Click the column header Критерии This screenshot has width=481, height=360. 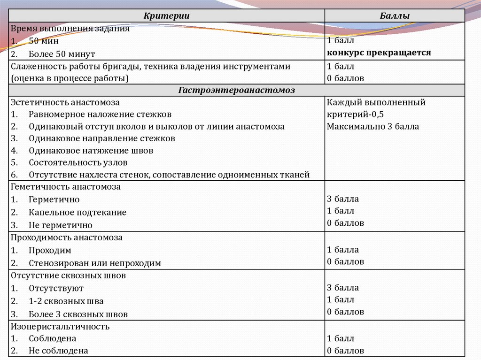pos(166,16)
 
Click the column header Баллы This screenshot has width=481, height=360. pos(394,16)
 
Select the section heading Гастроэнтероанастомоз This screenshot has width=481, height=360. pos(237,90)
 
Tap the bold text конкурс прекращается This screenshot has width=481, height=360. pos(379,53)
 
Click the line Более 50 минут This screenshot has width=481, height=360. pos(62,54)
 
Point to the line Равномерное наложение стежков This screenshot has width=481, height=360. pos(100,114)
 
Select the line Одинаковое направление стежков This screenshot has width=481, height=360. pos(101,138)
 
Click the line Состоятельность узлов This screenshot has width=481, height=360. pos(78,163)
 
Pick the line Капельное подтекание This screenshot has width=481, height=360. pos(78,212)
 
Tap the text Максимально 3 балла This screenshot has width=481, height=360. pos(373,126)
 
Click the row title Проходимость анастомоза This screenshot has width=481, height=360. pos(66,237)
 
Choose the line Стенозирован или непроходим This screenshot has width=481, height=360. pos(94,263)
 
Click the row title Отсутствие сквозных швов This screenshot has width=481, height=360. pos(68,276)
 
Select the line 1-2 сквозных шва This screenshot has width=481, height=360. pos(66,301)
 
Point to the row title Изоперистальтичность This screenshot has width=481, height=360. pos(60,326)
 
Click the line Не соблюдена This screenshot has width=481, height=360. pos(58,351)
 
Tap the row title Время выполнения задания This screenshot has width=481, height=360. pos(70,28)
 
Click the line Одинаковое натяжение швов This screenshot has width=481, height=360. pos(91,151)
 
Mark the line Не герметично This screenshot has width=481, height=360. pos(60,225)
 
